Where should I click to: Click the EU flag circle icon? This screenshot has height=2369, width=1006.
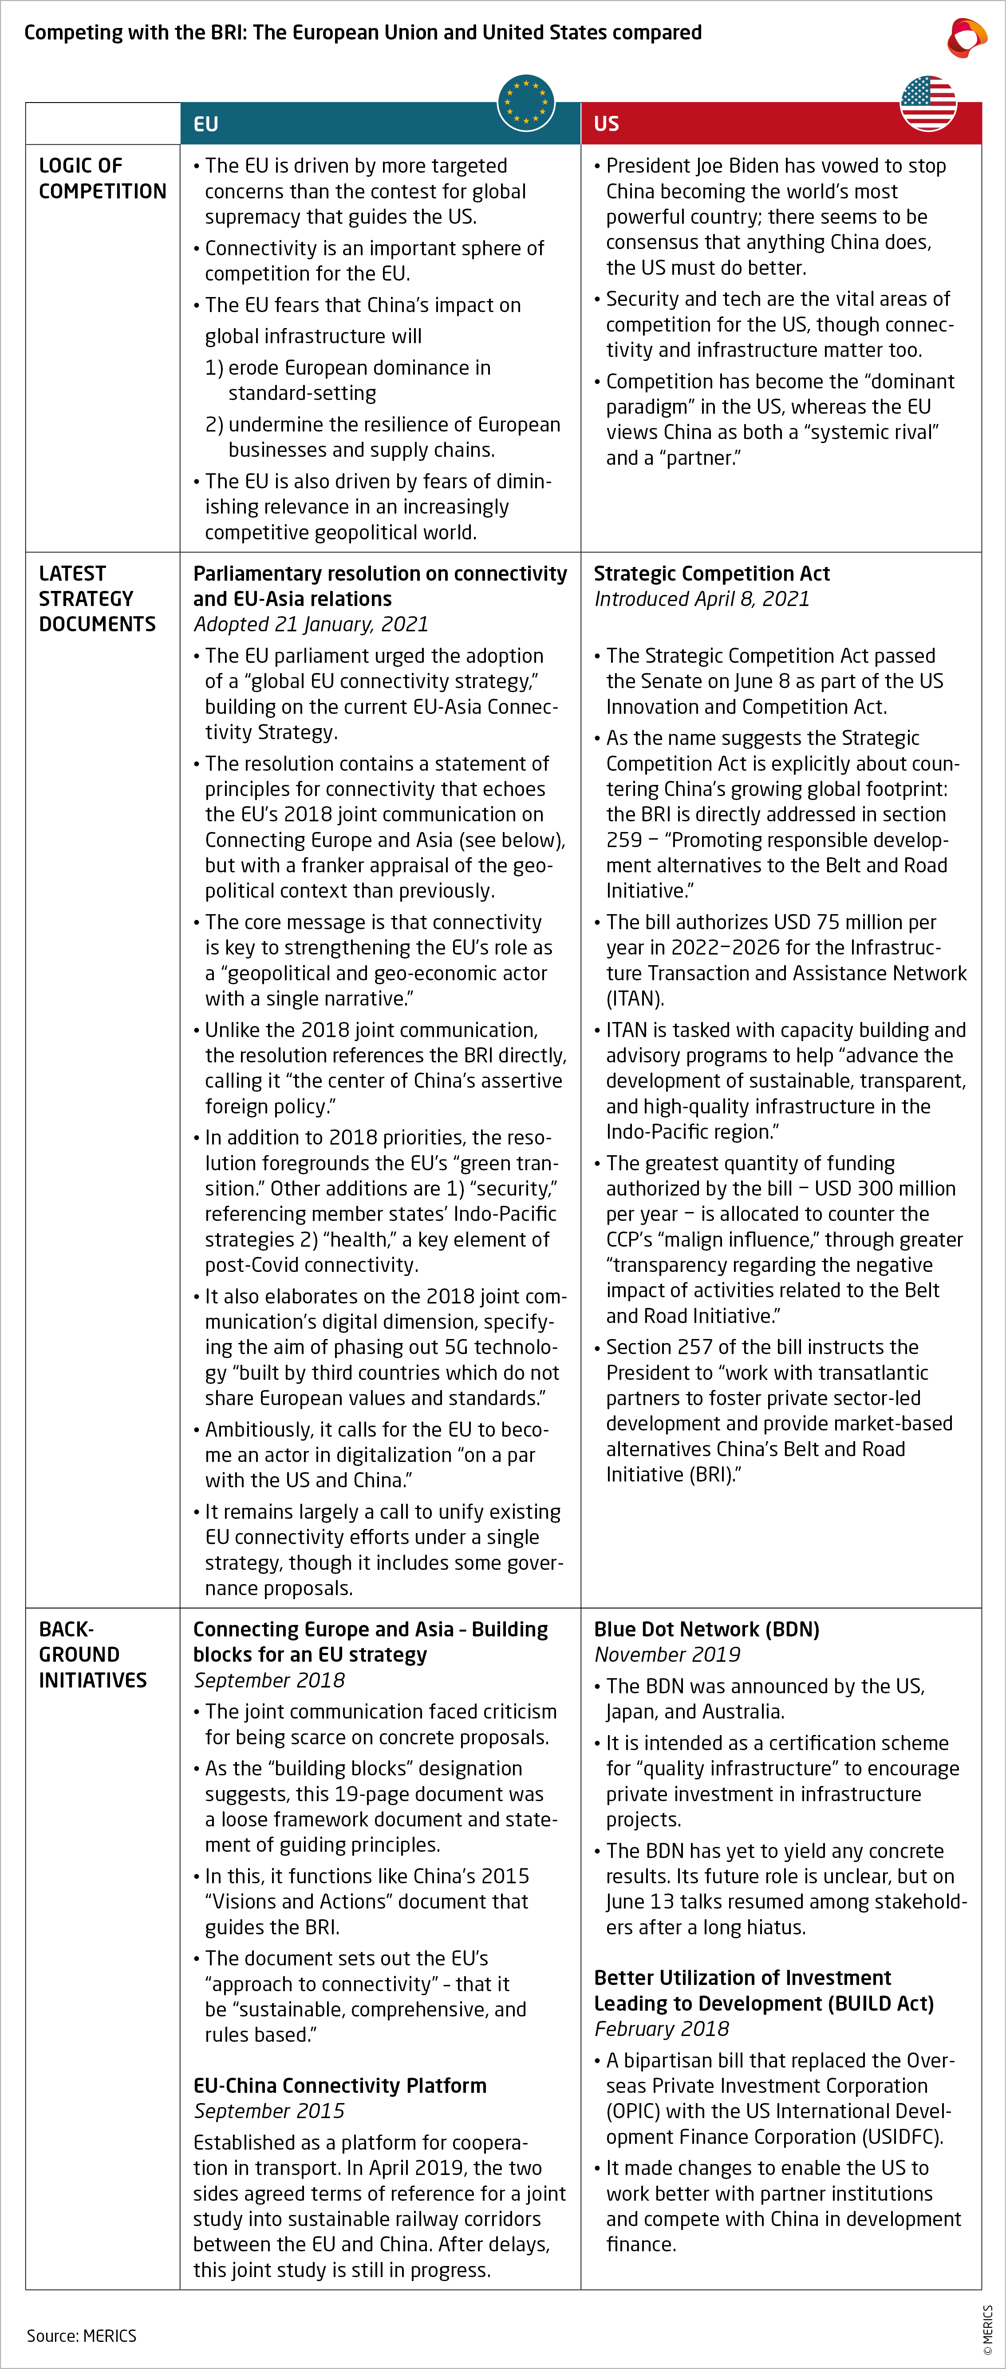pyautogui.click(x=526, y=103)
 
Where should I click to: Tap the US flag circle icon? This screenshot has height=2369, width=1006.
pyautogui.click(x=928, y=103)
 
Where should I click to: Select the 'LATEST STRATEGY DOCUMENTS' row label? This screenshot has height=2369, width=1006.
pyautogui.click(x=97, y=598)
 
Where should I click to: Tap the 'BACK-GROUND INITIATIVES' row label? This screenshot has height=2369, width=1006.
pyautogui.click(x=92, y=1654)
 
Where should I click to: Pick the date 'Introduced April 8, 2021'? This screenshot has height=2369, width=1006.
pyautogui.click(x=702, y=600)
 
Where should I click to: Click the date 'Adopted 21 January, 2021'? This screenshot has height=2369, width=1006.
pyautogui.click(x=311, y=624)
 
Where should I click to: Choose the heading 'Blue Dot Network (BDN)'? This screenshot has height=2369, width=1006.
pyautogui.click(x=706, y=1630)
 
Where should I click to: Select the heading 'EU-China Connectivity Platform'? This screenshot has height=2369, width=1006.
pyautogui.click(x=339, y=2086)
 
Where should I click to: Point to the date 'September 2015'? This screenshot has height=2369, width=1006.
pyautogui.click(x=268, y=2111)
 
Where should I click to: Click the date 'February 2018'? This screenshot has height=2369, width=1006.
pyautogui.click(x=661, y=2029)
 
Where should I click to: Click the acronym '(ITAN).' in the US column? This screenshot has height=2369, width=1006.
pyautogui.click(x=635, y=999)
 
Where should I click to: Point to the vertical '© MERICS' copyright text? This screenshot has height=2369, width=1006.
pyautogui.click(x=988, y=2329)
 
